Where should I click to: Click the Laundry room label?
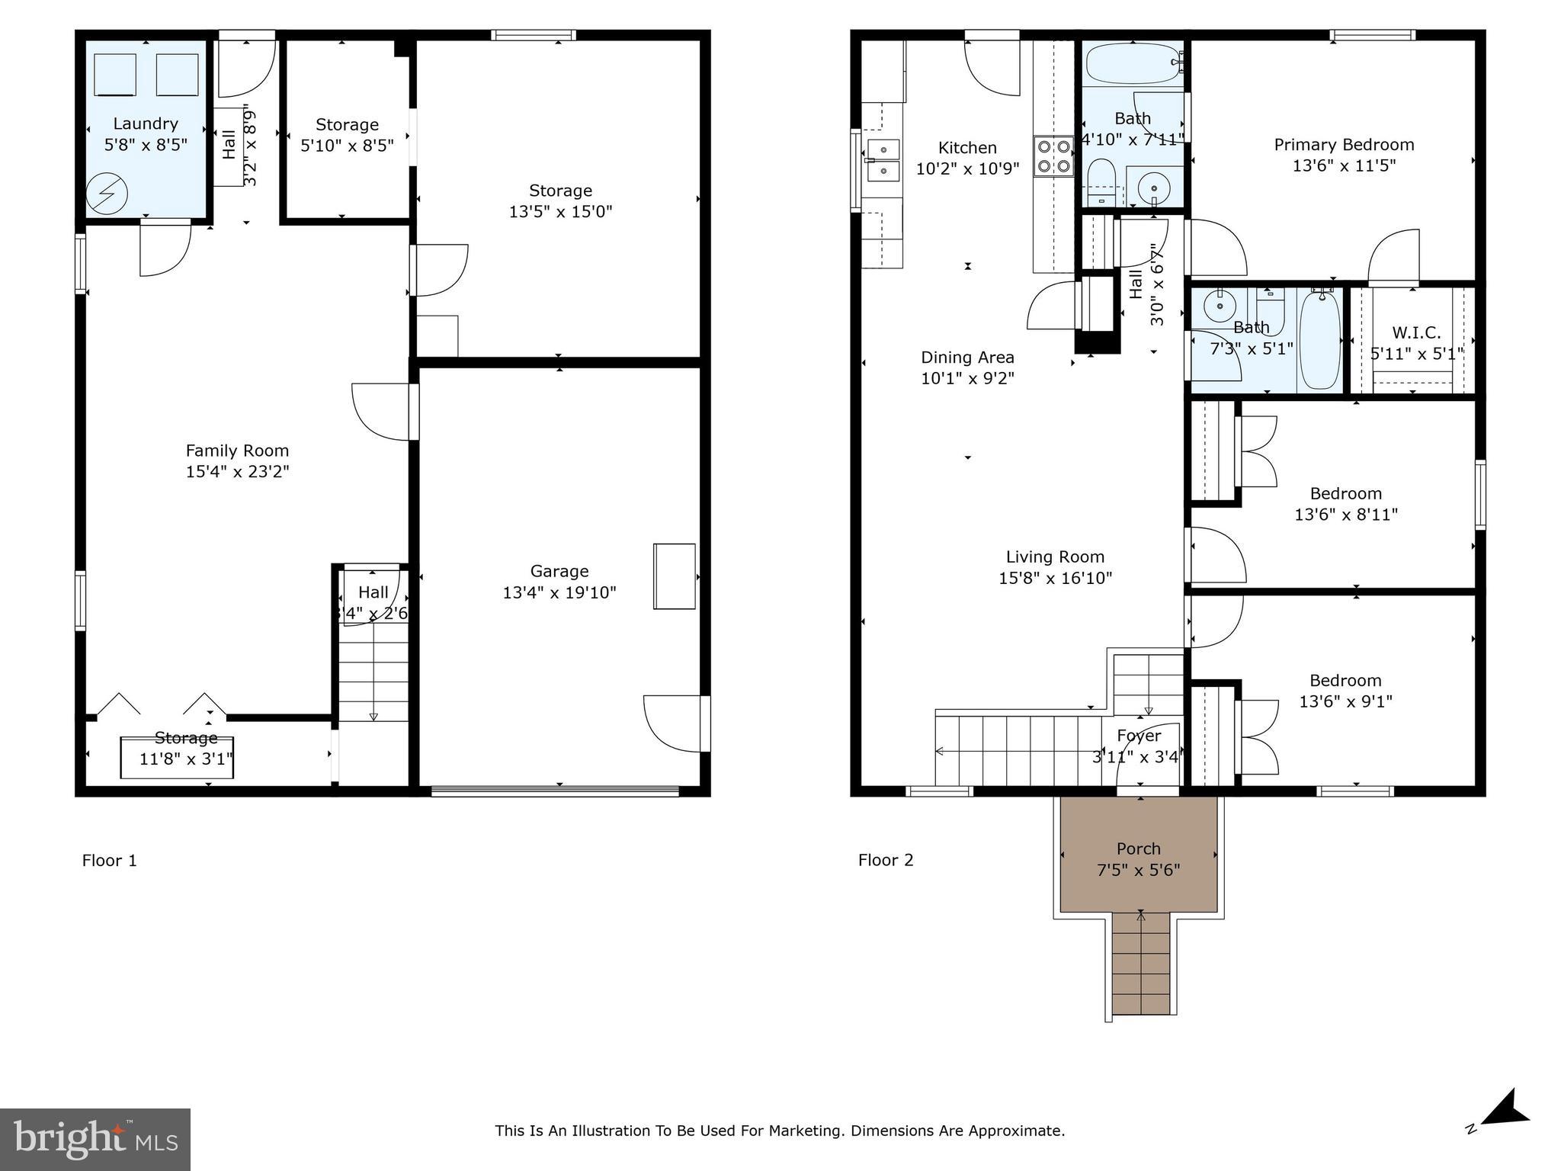[145, 124]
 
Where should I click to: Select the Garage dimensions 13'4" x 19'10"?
[559, 592]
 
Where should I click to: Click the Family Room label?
[237, 451]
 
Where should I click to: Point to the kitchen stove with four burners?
[1053, 156]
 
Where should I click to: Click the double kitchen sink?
[883, 160]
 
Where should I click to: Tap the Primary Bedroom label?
[1344, 145]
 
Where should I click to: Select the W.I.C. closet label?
[1416, 333]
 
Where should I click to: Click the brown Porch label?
[1138, 849]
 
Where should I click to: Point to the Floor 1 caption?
[110, 861]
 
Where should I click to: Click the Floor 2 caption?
[886, 861]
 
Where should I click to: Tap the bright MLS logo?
[95, 1139]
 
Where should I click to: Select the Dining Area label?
[967, 357]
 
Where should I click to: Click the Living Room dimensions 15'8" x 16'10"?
[1055, 578]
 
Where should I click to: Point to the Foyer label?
[1139, 736]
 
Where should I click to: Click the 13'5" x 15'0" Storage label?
[560, 191]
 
